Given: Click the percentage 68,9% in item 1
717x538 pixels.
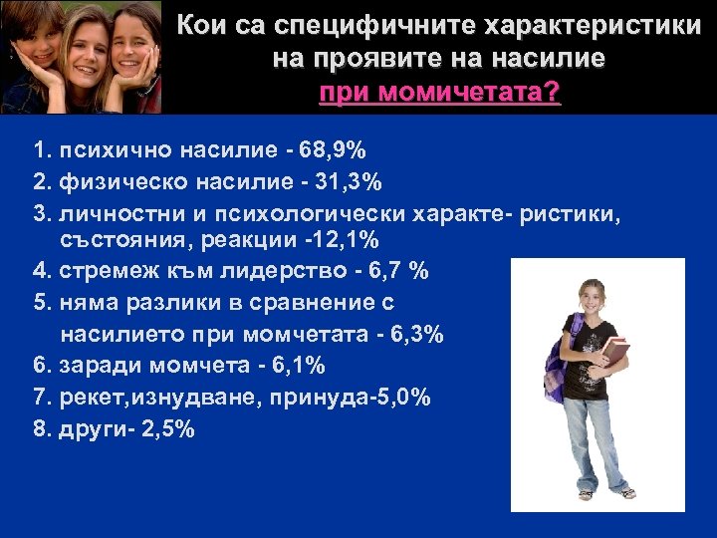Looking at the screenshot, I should [x=335, y=151].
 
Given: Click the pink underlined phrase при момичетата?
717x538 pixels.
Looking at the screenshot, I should [x=439, y=94].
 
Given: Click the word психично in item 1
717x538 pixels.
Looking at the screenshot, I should [x=110, y=151].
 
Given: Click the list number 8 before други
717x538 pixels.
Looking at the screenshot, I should [x=39, y=428].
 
